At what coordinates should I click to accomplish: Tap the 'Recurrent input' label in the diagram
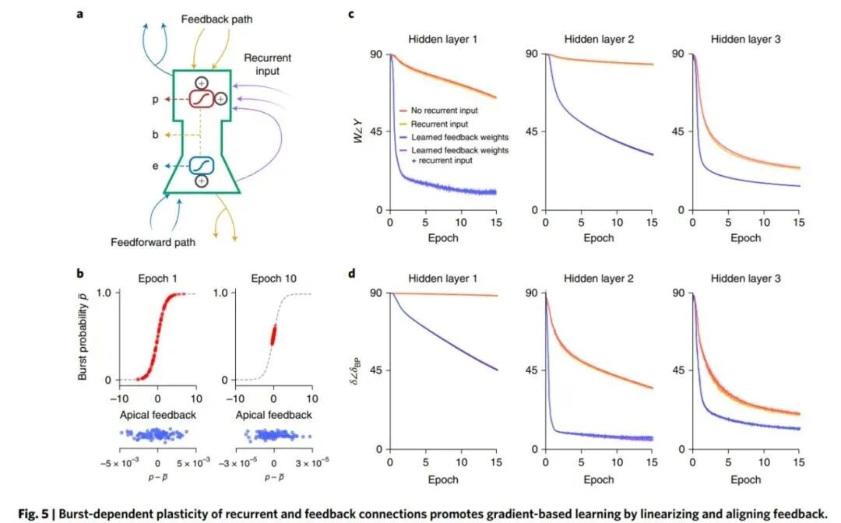click(x=266, y=65)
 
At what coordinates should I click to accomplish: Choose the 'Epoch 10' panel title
click(x=273, y=278)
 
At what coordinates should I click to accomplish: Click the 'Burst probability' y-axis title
click(x=83, y=336)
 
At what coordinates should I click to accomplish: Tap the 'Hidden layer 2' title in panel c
click(x=598, y=40)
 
